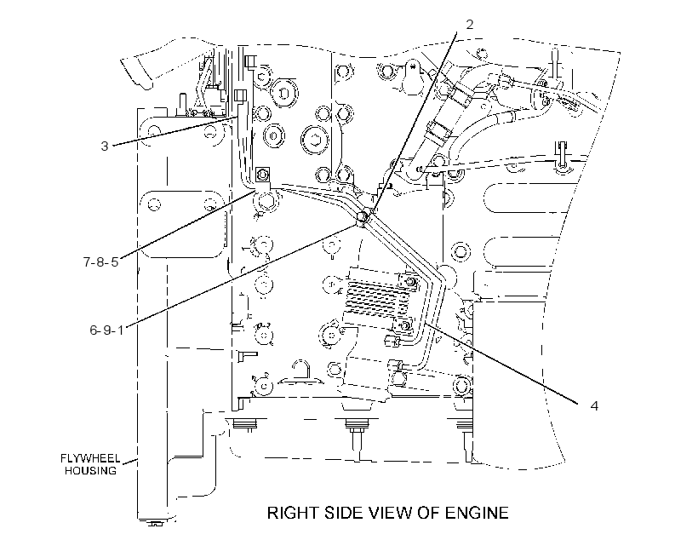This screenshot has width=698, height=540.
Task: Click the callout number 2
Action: click(x=470, y=25)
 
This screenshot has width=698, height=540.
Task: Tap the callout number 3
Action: click(x=105, y=146)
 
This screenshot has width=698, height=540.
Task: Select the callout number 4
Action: click(x=594, y=406)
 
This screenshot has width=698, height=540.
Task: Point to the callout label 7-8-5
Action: click(x=101, y=261)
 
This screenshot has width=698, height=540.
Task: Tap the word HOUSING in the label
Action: click(x=90, y=470)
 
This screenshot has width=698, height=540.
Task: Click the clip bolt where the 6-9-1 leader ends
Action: click(x=363, y=217)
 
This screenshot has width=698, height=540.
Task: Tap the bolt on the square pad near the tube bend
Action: click(x=263, y=173)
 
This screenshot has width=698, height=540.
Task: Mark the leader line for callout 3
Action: click(x=174, y=131)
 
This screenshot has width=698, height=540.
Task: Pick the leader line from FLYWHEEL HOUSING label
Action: click(x=130, y=461)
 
